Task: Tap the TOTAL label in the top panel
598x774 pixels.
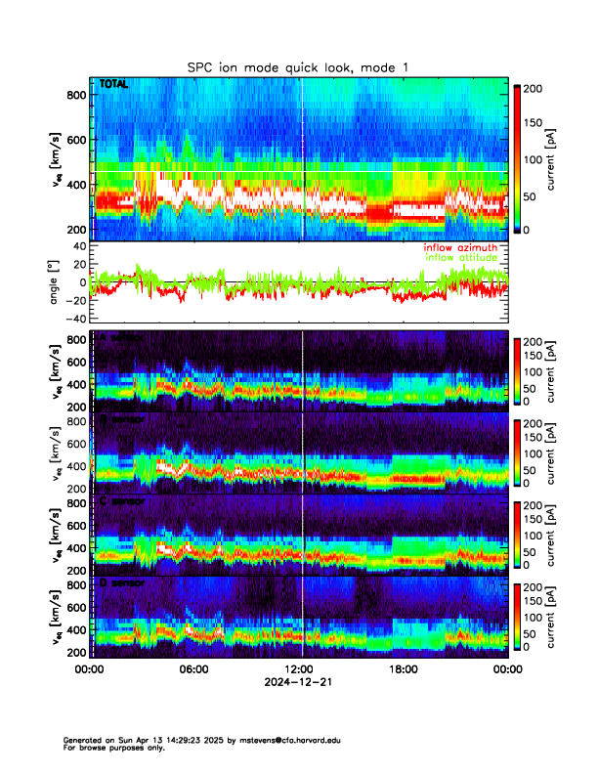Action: [x=113, y=85]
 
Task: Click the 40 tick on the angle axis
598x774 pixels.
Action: [x=79, y=246]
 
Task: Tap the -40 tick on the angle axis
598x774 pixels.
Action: [x=75, y=318]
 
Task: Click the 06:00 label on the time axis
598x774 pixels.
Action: [x=194, y=669]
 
